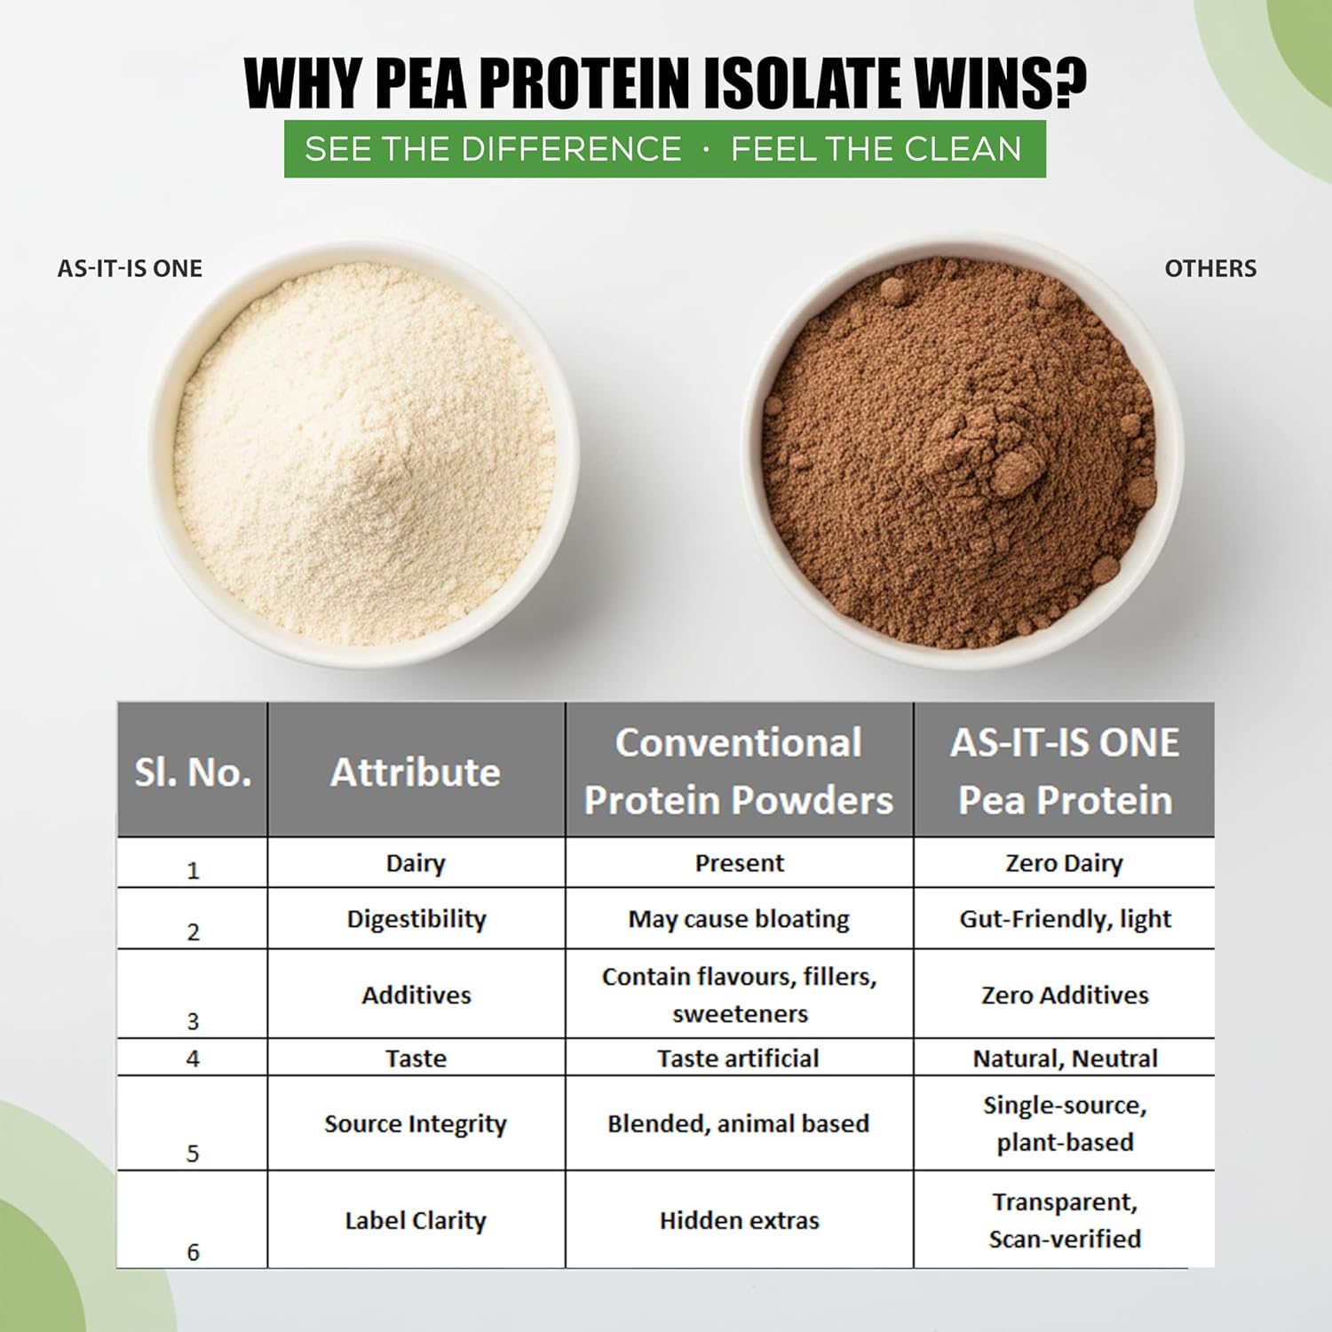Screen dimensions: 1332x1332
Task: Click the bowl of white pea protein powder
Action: [364, 453]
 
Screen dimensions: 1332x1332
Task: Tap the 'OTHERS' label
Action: [1210, 268]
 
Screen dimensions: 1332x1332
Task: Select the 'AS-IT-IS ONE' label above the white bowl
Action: [130, 268]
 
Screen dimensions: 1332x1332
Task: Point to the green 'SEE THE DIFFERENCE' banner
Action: [664, 148]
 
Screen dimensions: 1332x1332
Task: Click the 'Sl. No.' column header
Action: [193, 772]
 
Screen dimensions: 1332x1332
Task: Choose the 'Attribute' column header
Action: [416, 772]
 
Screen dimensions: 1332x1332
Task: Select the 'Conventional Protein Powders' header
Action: [739, 771]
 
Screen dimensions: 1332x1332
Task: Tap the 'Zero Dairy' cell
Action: [1064, 863]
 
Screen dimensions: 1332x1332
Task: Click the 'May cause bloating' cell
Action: [739, 919]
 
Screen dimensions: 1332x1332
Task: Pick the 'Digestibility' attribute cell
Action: [416, 919]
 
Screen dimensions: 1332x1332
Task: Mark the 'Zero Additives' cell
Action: [1065, 995]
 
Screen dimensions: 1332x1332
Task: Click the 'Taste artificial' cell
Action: [738, 1058]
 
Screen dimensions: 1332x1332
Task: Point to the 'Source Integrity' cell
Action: [416, 1123]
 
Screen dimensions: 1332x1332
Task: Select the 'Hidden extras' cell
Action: [739, 1220]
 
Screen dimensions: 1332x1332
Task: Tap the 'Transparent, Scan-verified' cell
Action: [1065, 1220]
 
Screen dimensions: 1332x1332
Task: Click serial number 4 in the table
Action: [193, 1058]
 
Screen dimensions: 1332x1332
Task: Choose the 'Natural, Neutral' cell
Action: [1065, 1058]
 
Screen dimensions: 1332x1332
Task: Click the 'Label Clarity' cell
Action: [416, 1221]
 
